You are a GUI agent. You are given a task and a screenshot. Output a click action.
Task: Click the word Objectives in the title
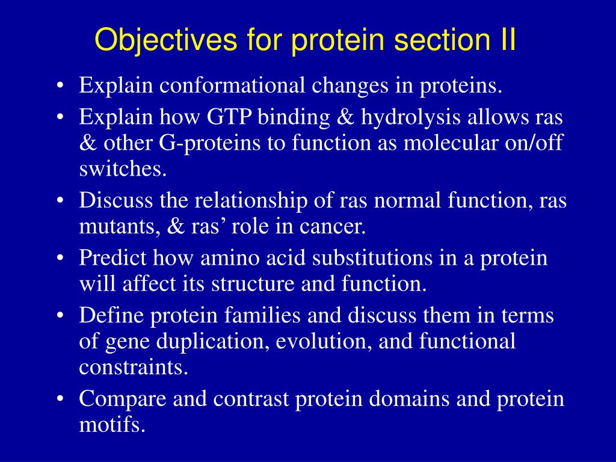tap(166, 40)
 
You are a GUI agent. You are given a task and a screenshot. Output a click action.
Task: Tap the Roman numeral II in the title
tap(508, 39)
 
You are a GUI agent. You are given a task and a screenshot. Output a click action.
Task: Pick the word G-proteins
tap(209, 144)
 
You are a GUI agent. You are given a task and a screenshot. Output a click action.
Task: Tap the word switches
tap(123, 168)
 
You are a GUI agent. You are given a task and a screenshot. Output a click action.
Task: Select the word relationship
tap(251, 201)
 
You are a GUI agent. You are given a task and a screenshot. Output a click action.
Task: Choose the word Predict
tap(112, 258)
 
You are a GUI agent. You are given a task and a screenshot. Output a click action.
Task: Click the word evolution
tap(324, 341)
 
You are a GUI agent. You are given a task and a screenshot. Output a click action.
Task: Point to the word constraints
tap(134, 368)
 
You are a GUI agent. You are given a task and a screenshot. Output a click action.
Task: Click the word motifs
tap(112, 424)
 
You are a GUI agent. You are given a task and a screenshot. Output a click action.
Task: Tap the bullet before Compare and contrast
tap(60, 399)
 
